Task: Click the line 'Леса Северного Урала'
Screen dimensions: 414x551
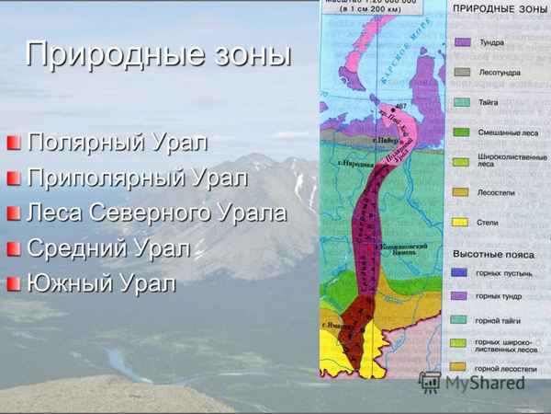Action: [x=157, y=213]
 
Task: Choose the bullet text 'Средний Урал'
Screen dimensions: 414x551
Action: [x=109, y=247]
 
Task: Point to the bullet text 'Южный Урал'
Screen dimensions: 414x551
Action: [x=100, y=282]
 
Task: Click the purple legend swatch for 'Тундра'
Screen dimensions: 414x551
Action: [x=464, y=42]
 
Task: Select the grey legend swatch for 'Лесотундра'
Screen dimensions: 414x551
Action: [x=464, y=72]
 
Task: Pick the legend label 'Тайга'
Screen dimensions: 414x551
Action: [x=489, y=102]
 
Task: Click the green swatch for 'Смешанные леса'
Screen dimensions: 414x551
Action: [x=464, y=132]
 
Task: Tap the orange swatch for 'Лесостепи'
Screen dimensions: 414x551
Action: [x=464, y=192]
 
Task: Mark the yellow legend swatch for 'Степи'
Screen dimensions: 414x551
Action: [x=464, y=222]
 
